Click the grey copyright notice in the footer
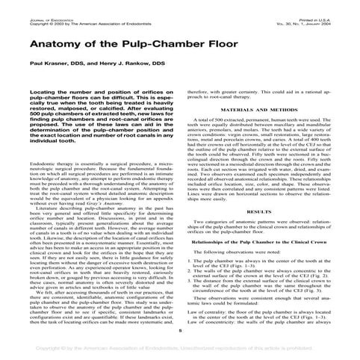click(x=180, y=348)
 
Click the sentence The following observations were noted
click(x=238, y=253)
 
